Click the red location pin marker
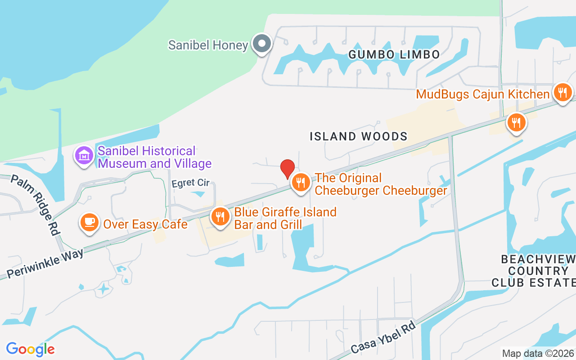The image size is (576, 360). click(x=288, y=169)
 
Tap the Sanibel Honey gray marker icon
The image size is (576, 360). click(x=261, y=44)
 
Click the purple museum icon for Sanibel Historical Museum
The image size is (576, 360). click(x=84, y=156)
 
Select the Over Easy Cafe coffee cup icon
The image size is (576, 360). click(x=90, y=222)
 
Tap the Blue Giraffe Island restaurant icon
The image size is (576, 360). click(x=220, y=216)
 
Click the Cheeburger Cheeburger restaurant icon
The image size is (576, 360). click(x=301, y=183)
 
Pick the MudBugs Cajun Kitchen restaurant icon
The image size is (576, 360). click(x=562, y=93)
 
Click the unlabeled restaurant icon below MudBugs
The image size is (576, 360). click(x=516, y=122)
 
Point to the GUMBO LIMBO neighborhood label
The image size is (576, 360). click(x=394, y=55)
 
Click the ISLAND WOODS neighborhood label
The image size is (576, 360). click(x=358, y=136)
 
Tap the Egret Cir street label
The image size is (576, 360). click(x=191, y=183)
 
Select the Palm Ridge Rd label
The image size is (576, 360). click(x=36, y=205)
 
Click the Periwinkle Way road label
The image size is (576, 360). click(x=45, y=264)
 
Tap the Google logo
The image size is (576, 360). click(x=30, y=349)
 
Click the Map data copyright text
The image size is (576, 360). click(x=537, y=353)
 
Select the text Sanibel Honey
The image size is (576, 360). click(x=208, y=45)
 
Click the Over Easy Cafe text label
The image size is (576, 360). click(x=145, y=224)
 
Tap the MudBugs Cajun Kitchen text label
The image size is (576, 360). click(x=482, y=94)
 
